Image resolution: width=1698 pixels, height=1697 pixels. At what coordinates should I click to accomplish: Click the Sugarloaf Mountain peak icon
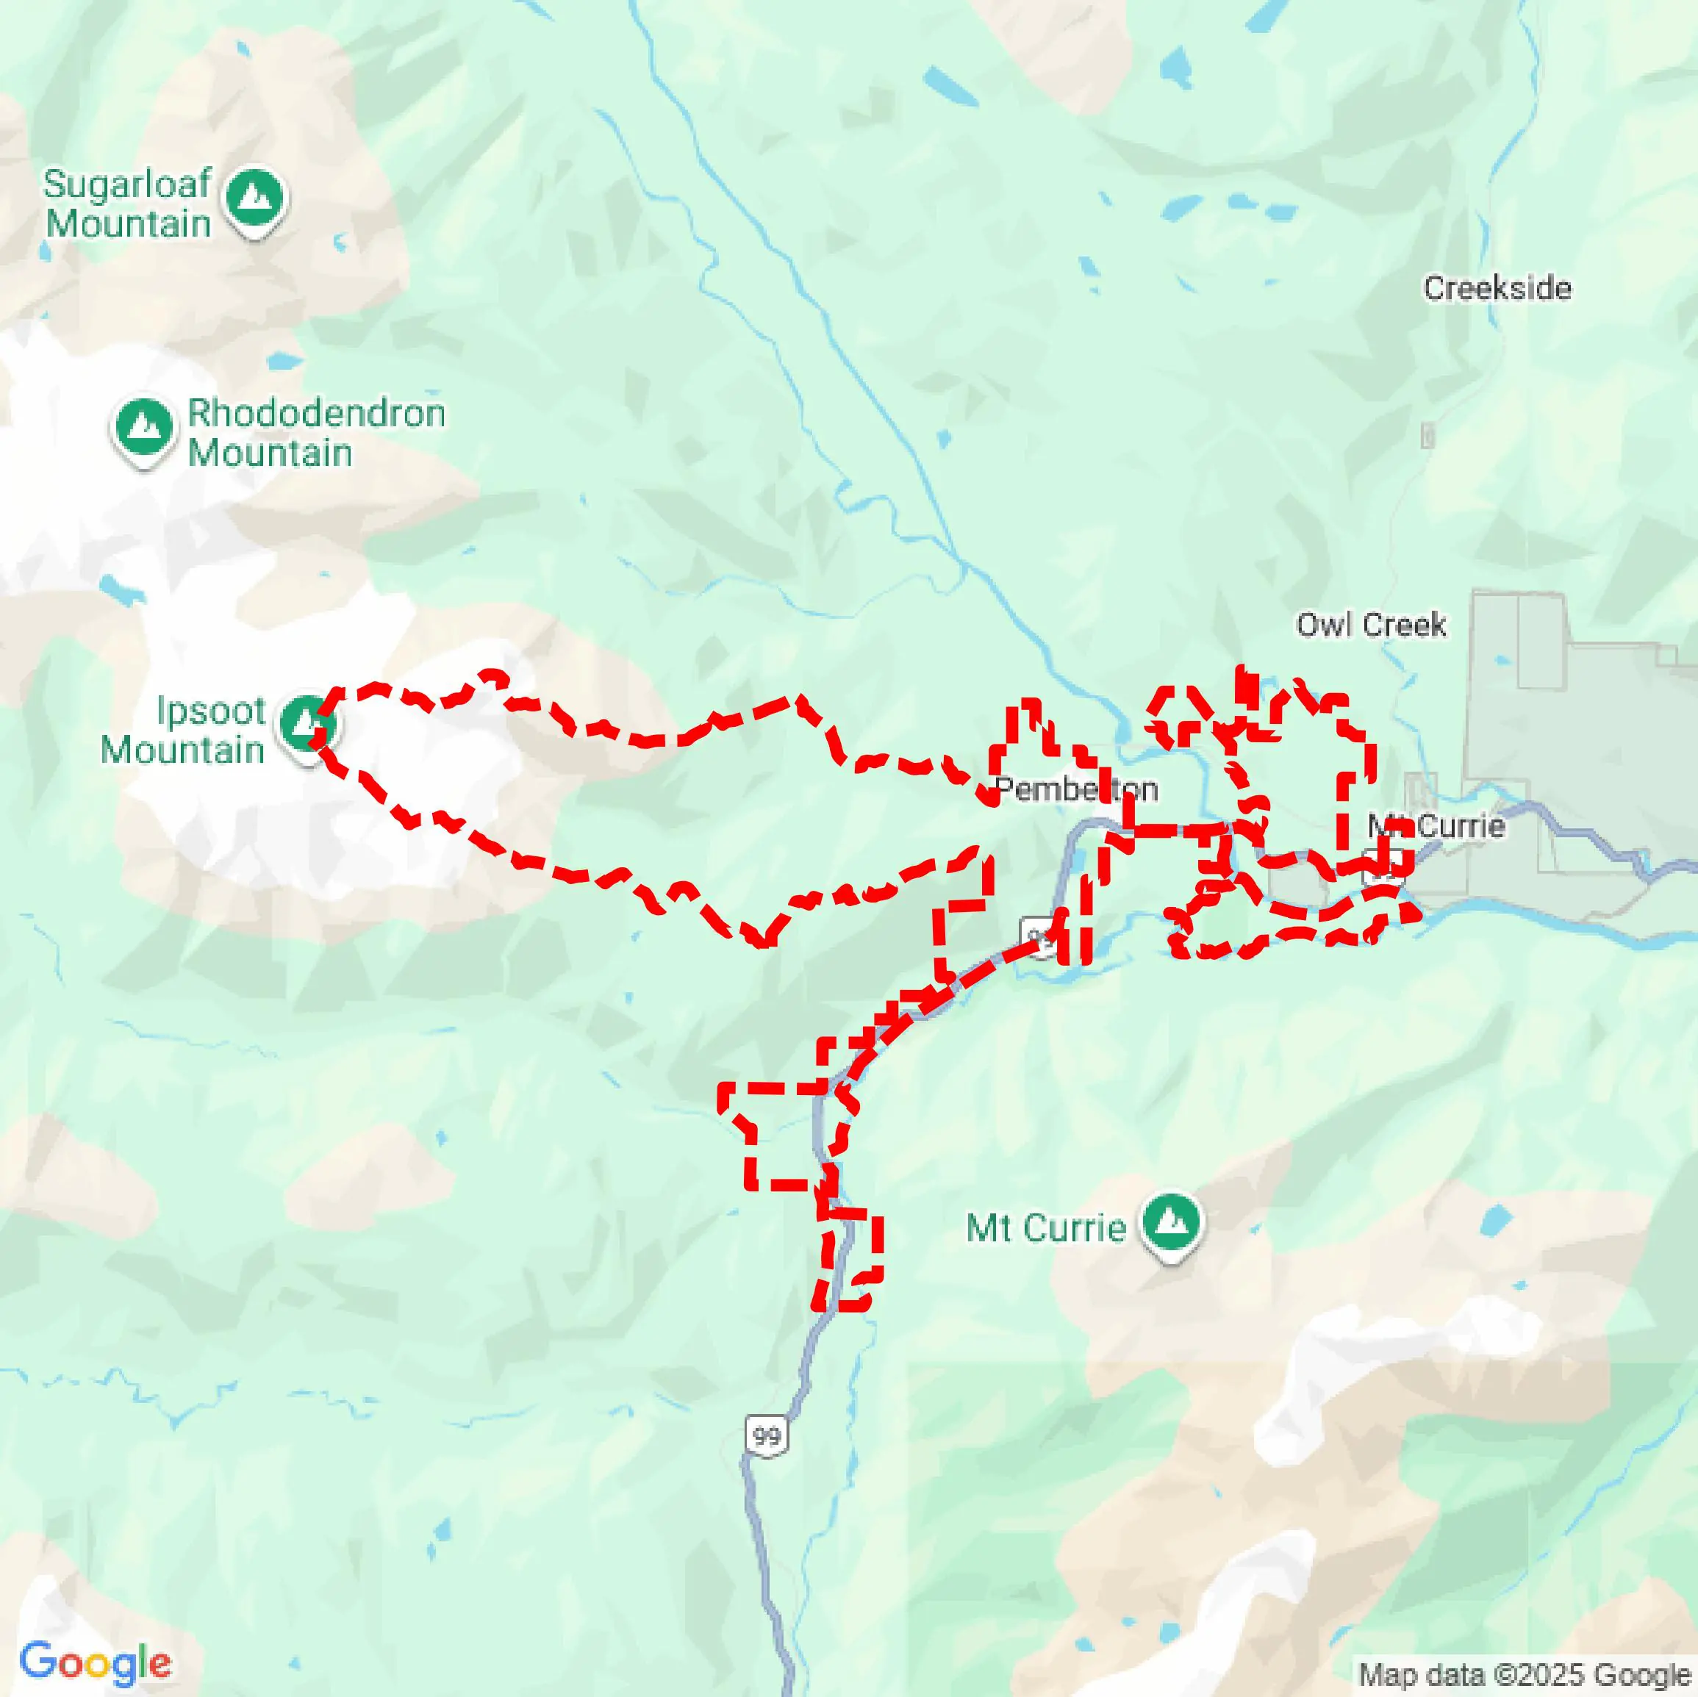tap(255, 197)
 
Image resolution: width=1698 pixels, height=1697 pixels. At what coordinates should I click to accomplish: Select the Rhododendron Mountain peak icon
tap(143, 426)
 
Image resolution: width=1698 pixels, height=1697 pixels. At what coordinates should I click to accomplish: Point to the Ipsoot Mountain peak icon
tap(306, 722)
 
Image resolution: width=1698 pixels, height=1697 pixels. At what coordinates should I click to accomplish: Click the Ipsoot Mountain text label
tap(183, 731)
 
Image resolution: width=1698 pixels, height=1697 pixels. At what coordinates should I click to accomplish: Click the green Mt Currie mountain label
tap(1045, 1227)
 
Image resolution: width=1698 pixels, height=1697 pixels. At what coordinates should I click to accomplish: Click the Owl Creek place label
tap(1370, 625)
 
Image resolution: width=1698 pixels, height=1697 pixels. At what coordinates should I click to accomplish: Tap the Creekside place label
tap(1497, 288)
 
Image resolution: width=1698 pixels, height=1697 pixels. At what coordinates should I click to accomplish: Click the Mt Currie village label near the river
tap(1436, 826)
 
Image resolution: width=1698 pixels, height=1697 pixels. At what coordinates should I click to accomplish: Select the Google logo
tap(95, 1661)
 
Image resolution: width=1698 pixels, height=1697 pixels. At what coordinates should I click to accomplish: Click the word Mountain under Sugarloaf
tap(129, 223)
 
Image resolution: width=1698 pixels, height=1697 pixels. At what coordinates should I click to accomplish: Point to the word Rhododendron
tap(316, 413)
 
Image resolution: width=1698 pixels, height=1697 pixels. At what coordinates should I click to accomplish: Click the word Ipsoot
tap(211, 711)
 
